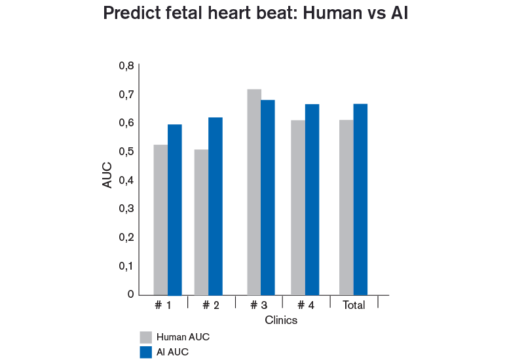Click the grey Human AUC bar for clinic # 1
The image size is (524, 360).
pos(160,220)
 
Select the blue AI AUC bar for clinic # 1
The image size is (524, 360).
pos(175,210)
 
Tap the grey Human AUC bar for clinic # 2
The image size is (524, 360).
pos(201,223)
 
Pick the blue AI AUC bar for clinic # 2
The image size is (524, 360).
pos(215,206)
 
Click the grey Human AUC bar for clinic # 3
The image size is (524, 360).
pos(254,192)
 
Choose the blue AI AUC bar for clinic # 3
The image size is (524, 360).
pos(268,198)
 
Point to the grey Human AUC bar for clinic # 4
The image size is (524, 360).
pos(298,207)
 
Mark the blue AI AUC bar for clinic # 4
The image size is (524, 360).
pos(312,200)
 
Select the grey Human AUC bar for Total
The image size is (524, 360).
pos(346,207)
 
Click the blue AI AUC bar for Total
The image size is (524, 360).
pos(360,200)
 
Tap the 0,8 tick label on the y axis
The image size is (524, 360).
pos(126,66)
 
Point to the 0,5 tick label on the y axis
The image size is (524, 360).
pos(126,152)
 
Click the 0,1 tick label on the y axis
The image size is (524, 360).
pos(126,266)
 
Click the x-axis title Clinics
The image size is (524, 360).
pos(281,321)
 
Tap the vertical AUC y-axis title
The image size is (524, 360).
pos(108,175)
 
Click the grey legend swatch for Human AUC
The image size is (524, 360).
pos(146,337)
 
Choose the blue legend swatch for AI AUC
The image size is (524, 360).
pos(146,353)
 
